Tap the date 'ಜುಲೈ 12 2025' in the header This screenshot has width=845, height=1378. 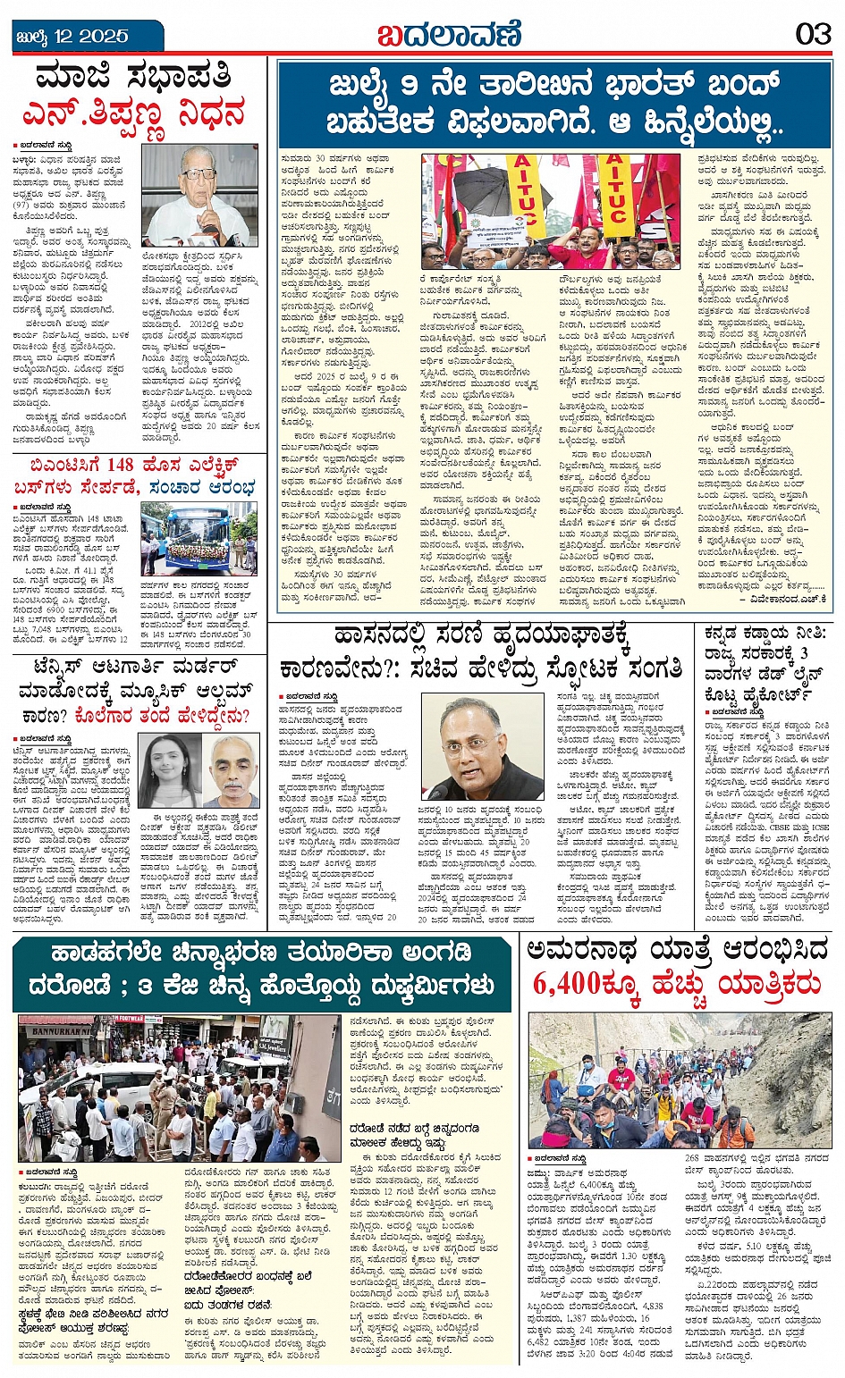point(72,37)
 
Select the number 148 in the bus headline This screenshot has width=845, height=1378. point(119,465)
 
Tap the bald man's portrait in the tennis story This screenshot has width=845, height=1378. point(233,771)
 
